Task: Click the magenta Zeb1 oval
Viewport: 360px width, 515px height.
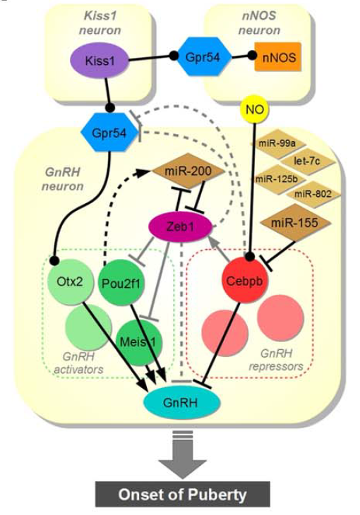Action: point(181,228)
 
